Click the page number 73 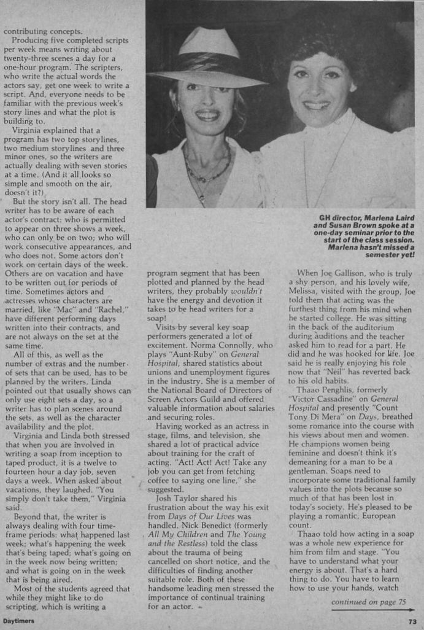pos(411,621)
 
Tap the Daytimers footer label pos(18,621)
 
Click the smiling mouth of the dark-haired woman pos(317,106)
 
